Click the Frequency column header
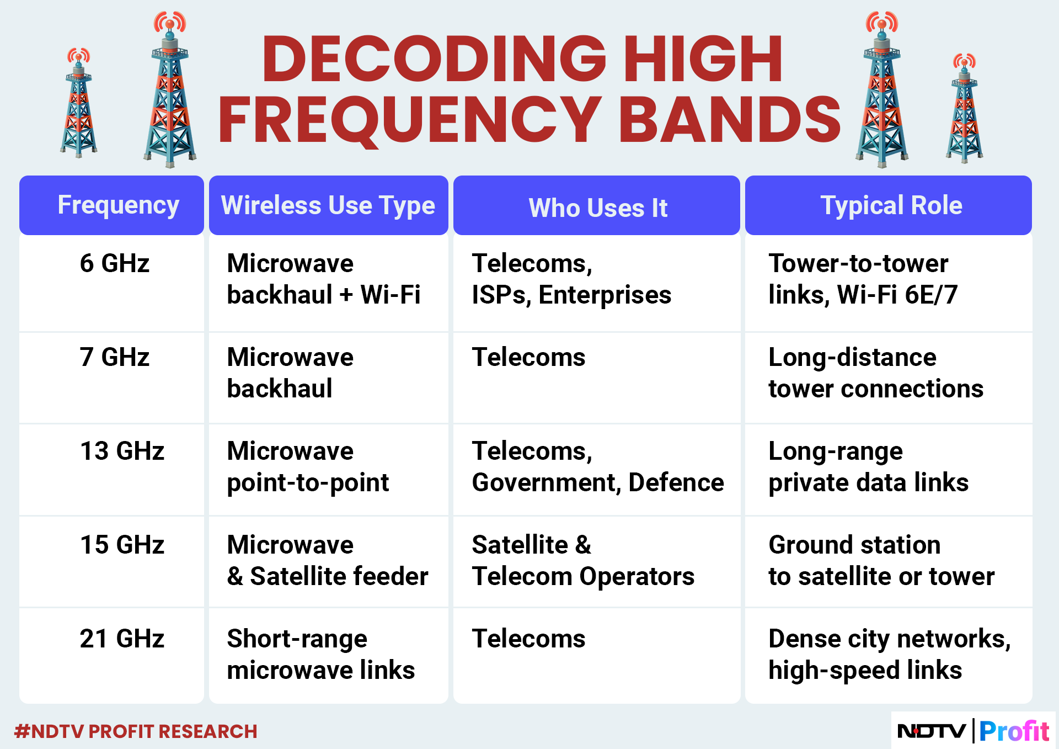click(119, 206)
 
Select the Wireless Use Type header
click(328, 206)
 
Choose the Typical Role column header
click(891, 205)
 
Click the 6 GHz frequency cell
click(115, 263)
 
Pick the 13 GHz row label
click(122, 451)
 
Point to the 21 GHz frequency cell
click(122, 639)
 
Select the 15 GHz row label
click(122, 545)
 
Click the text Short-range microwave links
click(321, 655)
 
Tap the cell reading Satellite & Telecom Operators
click(583, 560)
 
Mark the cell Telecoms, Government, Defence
click(598, 467)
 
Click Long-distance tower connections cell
click(876, 373)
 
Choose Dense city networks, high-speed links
click(890, 655)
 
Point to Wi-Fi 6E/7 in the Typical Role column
click(897, 295)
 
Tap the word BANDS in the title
click(729, 119)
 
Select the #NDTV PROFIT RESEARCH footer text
click(136, 731)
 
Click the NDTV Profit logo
click(973, 731)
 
